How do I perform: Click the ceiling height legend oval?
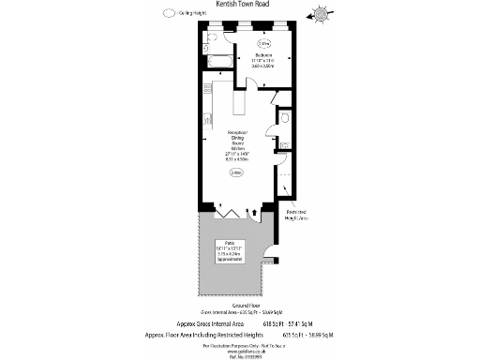click(168, 14)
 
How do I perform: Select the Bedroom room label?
click(263, 59)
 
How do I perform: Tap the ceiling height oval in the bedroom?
click(263, 43)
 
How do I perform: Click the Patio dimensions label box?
click(230, 250)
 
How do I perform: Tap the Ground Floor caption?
click(239, 306)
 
